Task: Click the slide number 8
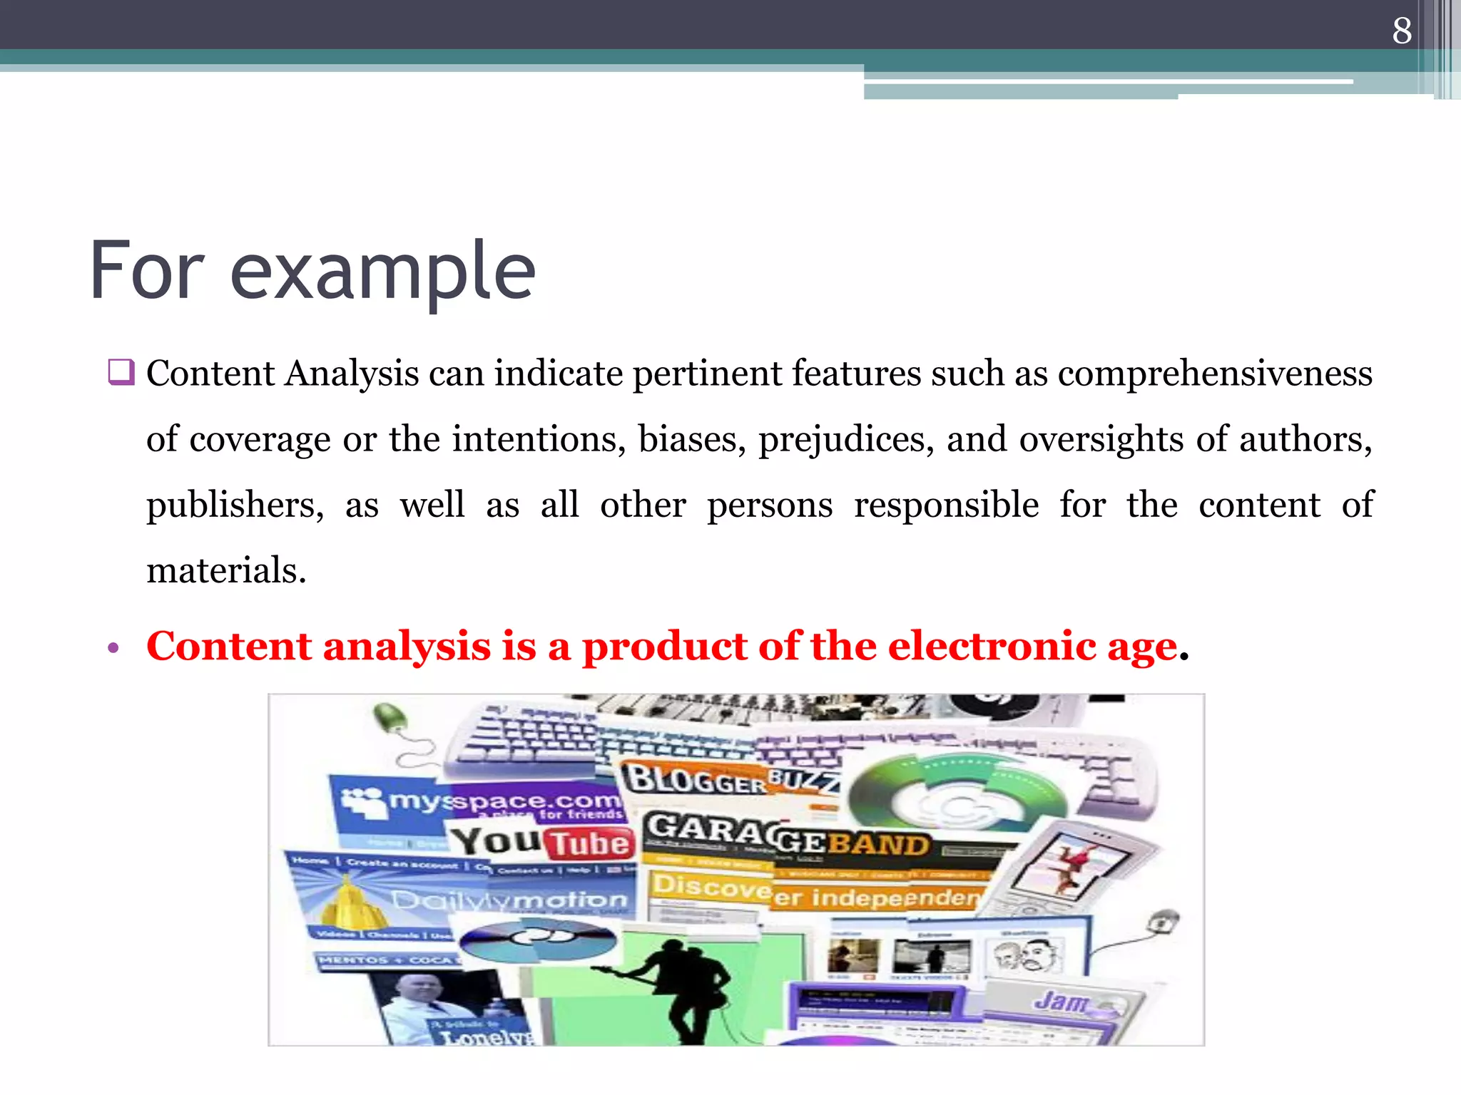point(1402,31)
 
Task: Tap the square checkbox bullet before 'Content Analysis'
point(121,372)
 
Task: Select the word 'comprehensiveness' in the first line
point(1215,374)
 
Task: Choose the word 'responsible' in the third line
point(946,505)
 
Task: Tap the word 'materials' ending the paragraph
point(225,570)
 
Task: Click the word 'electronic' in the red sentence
point(992,646)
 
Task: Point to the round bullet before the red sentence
point(113,649)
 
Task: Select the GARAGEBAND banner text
point(788,837)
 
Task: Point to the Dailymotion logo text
point(510,900)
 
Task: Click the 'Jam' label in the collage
point(1061,1002)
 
